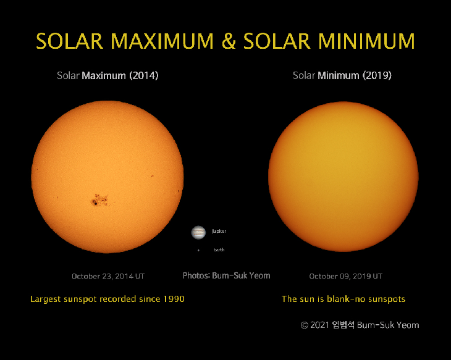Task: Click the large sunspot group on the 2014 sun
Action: point(99,199)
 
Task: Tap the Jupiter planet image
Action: point(198,232)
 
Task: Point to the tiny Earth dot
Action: point(198,250)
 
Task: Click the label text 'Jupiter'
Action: point(219,231)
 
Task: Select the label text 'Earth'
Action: point(219,250)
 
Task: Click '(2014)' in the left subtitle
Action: point(143,76)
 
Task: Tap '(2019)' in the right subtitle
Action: point(376,76)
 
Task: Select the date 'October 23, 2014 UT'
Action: point(108,276)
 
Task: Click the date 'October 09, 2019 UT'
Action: point(345,276)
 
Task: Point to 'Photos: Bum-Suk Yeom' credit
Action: point(226,275)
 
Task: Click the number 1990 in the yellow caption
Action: point(174,299)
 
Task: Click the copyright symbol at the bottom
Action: point(304,325)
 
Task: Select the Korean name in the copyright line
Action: point(343,325)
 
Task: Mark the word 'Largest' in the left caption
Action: point(47,299)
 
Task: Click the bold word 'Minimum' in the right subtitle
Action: point(338,76)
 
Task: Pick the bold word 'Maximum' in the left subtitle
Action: point(104,76)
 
